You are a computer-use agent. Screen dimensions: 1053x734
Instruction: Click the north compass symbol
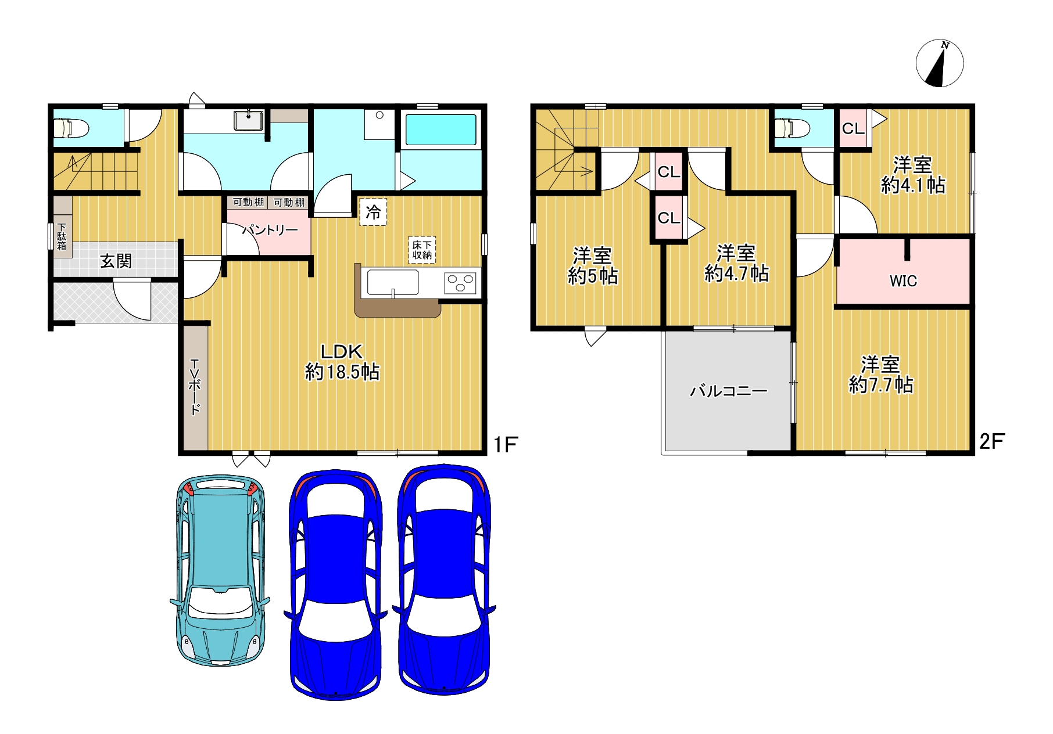click(940, 63)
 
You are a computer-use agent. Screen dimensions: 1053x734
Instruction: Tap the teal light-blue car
click(220, 570)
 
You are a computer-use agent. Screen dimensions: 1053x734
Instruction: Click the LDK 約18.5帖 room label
click(342, 361)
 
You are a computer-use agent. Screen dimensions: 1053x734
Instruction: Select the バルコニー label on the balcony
click(729, 391)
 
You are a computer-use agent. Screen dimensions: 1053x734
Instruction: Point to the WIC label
click(903, 281)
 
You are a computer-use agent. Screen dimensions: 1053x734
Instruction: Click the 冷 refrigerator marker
click(373, 212)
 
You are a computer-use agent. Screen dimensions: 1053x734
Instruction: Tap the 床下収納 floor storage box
click(422, 250)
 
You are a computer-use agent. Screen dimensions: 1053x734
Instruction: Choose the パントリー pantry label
click(270, 230)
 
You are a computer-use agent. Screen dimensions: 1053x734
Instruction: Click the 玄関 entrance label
click(116, 261)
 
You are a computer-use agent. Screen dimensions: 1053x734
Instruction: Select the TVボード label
click(195, 387)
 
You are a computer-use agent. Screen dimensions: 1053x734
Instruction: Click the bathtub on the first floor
click(441, 129)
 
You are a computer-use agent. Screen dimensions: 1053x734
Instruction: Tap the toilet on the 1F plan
click(70, 127)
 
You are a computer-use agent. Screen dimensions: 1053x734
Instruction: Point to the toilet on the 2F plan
click(793, 127)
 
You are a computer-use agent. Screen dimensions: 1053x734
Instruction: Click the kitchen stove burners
click(460, 283)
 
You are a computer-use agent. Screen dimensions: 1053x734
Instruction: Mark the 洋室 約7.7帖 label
click(881, 375)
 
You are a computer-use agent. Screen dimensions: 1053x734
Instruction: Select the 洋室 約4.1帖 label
click(913, 175)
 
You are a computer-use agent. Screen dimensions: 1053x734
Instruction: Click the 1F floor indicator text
click(505, 444)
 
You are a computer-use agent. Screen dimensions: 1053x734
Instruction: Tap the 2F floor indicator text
click(991, 441)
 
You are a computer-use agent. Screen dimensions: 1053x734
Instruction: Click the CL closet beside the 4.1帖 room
click(853, 128)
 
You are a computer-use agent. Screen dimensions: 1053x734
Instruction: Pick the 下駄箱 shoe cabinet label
click(62, 237)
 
